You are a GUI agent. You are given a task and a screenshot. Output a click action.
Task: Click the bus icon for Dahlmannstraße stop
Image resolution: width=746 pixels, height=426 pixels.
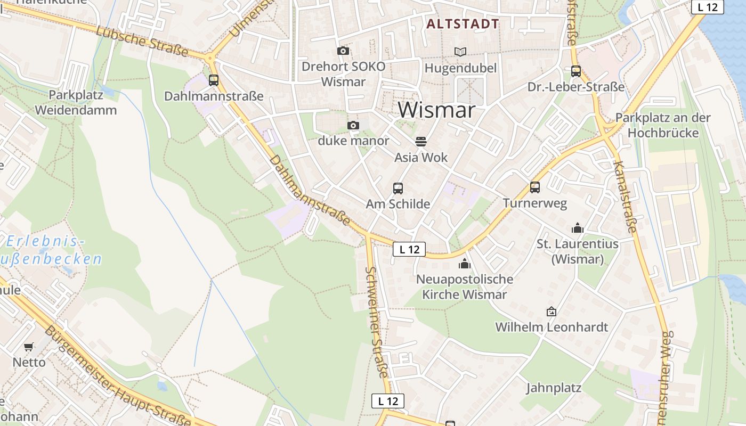(214, 80)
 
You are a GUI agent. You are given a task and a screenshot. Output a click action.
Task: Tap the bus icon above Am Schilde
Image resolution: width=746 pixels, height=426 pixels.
(398, 188)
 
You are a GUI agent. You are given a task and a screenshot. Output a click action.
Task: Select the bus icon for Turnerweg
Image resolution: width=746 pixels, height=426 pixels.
(535, 187)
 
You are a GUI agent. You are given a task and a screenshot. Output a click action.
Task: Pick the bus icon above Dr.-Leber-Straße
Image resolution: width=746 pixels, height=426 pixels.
(576, 71)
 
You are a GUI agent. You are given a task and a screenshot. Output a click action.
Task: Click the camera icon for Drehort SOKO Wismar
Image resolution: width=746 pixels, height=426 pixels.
(343, 51)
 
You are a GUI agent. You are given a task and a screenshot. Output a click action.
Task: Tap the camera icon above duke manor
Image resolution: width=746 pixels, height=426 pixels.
(353, 126)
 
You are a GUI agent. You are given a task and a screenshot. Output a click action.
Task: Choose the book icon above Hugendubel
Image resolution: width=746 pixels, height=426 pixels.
(460, 52)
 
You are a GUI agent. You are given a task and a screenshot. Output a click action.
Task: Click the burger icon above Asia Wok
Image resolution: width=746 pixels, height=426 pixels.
(421, 142)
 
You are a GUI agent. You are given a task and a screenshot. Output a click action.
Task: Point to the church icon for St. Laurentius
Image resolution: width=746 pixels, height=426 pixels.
(578, 228)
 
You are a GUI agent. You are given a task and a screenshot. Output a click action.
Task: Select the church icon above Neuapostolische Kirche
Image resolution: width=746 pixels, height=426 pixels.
(465, 263)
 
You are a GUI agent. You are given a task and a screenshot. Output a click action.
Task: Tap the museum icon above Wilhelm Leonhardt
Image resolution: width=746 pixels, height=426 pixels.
(552, 312)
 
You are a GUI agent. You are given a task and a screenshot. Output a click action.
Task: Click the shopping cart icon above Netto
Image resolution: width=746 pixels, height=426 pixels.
(29, 347)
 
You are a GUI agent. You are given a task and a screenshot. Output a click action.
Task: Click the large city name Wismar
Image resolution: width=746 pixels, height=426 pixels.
(436, 110)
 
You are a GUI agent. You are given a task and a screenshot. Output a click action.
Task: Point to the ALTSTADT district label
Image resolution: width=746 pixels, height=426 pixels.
(463, 24)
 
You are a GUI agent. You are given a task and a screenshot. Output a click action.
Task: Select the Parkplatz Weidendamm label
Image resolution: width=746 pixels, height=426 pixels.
(76, 103)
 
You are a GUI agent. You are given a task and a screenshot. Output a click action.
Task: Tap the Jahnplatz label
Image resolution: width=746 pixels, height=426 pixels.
(554, 388)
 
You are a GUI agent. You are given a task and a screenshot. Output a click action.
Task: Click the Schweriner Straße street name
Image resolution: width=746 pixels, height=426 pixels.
(377, 322)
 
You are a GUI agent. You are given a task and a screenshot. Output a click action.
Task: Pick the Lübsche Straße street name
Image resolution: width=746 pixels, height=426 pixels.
(142, 41)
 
